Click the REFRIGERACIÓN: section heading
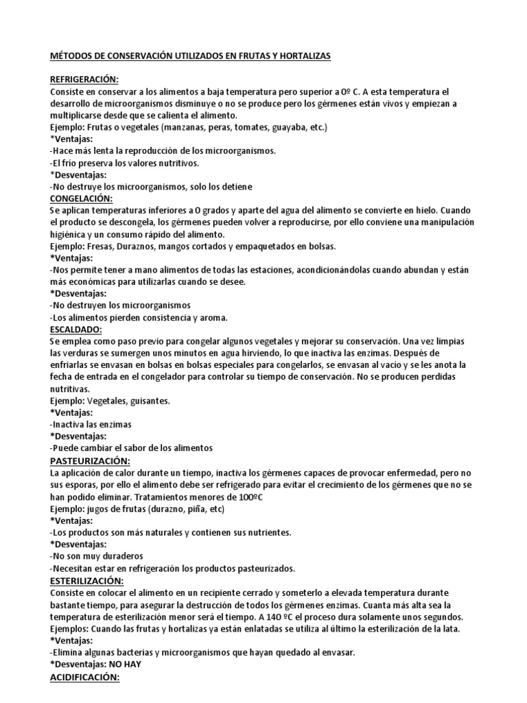[84, 79]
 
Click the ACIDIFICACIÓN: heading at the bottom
[85, 678]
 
